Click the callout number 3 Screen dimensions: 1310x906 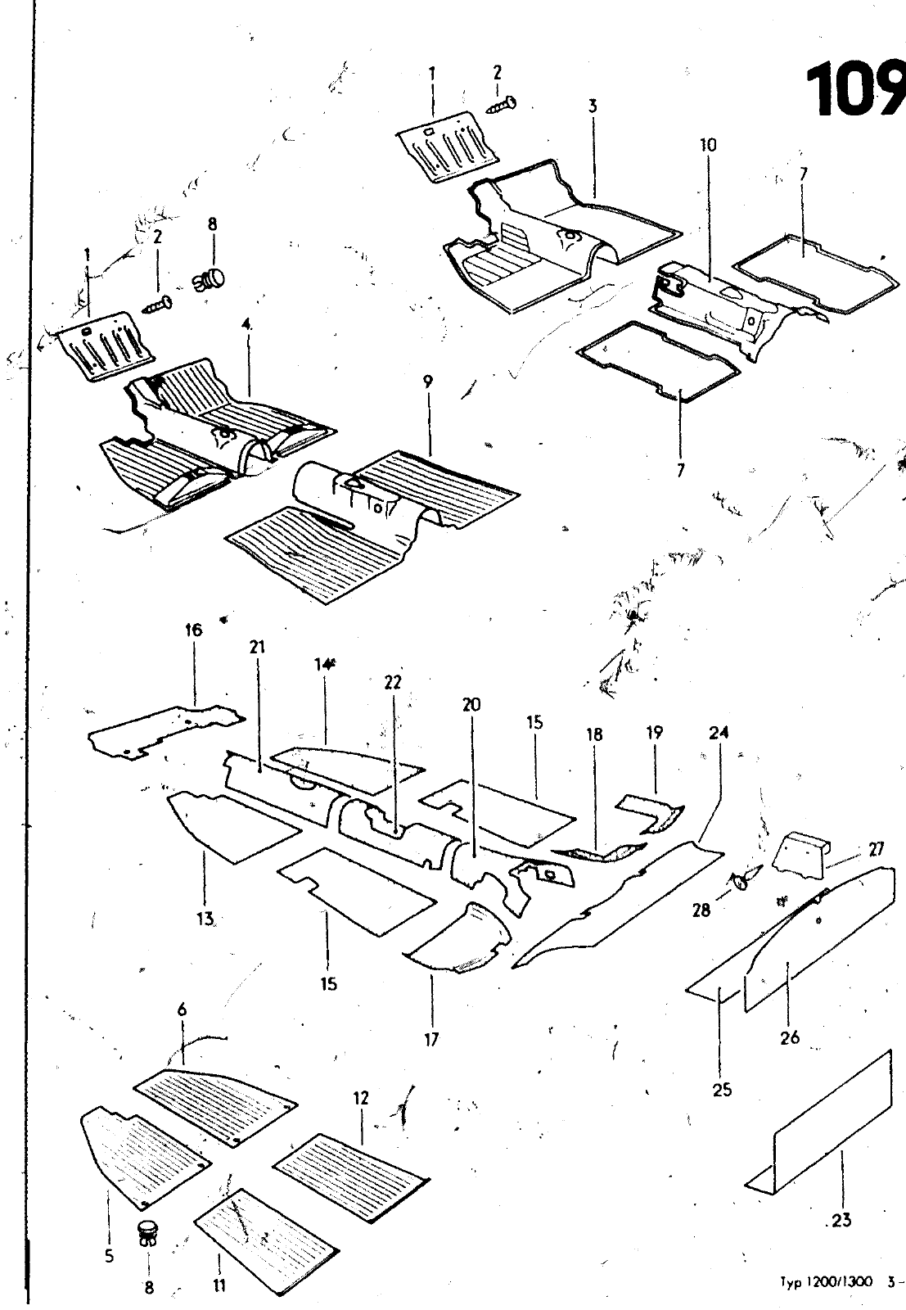coord(592,106)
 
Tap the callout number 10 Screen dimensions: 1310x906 coord(708,145)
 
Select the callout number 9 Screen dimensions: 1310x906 coord(427,382)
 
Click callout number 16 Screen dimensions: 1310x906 coord(194,630)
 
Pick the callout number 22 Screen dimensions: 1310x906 coord(393,682)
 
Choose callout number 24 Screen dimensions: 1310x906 coord(719,734)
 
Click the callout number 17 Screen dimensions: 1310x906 coord(431,1040)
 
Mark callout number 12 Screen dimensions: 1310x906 coord(362,1098)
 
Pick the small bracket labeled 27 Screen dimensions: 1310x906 coord(801,851)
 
